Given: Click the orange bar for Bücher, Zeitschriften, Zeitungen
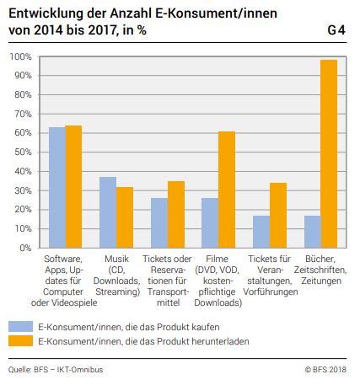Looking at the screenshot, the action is tap(329, 153).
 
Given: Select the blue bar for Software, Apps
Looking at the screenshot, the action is tap(57, 188).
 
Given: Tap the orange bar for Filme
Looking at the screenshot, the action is tap(227, 190).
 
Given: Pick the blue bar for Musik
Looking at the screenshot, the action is tap(108, 212).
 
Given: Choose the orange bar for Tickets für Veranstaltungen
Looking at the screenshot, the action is tap(278, 216).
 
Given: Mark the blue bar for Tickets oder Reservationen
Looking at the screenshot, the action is tap(159, 223).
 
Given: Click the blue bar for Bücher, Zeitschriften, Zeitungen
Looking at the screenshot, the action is tap(313, 232).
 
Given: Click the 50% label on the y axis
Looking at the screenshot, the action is tap(23, 152).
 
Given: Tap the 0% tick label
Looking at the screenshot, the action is tap(25, 248).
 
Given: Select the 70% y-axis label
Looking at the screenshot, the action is tap(23, 114).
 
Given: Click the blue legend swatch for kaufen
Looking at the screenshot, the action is tap(20, 327).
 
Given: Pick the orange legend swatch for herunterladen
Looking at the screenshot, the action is tap(20, 341).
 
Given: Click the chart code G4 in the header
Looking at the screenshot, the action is tap(336, 30).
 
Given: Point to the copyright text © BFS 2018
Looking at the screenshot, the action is tap(325, 369).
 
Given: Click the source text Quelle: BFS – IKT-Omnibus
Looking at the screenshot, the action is tap(56, 369).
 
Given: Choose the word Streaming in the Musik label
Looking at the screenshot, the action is tap(118, 291).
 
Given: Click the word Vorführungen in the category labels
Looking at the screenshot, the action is tap(271, 291).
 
